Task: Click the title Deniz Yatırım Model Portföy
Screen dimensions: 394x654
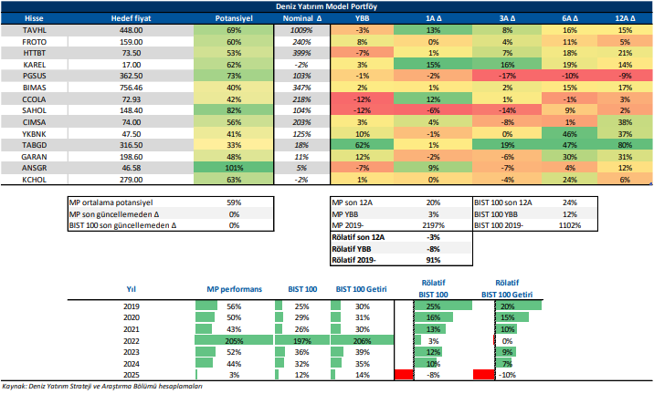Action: point(327,5)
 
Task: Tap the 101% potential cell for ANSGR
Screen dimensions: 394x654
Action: point(233,169)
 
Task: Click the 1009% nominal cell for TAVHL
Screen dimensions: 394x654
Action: point(302,29)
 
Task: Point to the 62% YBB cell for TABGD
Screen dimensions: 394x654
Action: point(363,145)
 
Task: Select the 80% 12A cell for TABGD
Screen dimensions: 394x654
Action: point(625,145)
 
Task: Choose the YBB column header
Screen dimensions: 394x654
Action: point(363,17)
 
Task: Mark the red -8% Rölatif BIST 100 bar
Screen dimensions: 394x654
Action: point(403,375)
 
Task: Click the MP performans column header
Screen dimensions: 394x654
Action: point(233,288)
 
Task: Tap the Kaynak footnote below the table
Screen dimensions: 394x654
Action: point(100,387)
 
